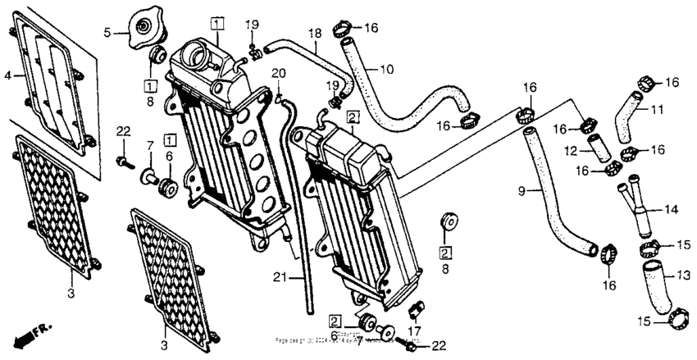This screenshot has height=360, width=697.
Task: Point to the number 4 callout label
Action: tap(8, 75)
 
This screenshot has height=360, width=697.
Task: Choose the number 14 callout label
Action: tap(671, 210)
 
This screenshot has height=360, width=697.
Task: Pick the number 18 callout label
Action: tap(314, 33)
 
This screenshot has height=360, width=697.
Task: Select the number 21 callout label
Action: tap(279, 278)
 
